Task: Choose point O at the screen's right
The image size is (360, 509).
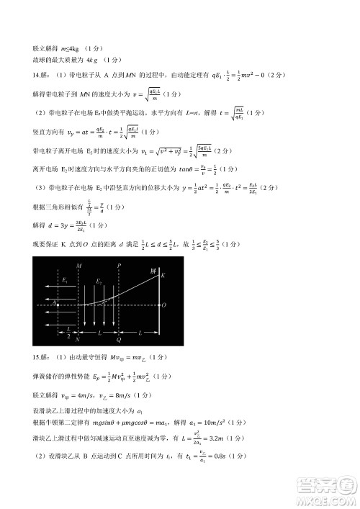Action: click(163, 305)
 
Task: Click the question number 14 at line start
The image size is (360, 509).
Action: click(38, 75)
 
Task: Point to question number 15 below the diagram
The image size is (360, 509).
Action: click(38, 356)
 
